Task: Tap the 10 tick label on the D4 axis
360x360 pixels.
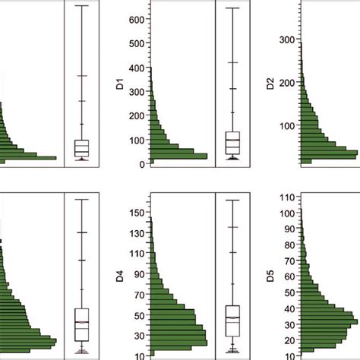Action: [x=139, y=355]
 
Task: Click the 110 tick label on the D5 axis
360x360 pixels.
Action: [x=289, y=197]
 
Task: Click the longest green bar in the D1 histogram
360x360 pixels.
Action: [x=178, y=156]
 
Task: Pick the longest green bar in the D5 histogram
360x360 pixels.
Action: [x=330, y=322]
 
